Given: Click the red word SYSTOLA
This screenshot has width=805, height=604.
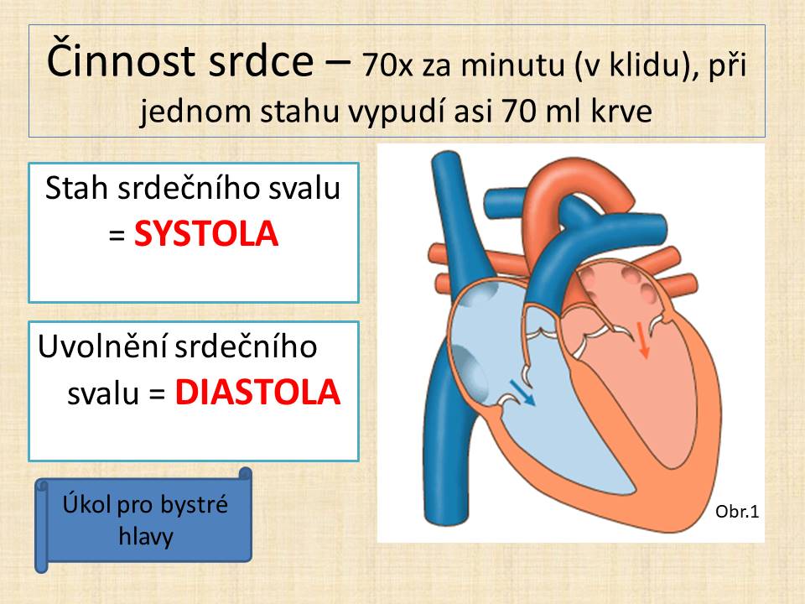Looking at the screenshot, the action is tap(206, 234).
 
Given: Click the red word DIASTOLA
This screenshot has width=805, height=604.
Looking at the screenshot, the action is tap(257, 393).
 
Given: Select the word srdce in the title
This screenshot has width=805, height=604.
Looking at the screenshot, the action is tap(262, 61).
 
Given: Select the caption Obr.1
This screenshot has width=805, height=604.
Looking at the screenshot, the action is tap(737, 512).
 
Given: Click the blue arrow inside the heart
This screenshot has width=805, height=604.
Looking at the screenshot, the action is tap(522, 393).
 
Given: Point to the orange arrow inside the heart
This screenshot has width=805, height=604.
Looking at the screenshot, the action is tap(642, 340).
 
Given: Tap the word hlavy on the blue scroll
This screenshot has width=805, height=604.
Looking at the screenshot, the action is tap(146, 537).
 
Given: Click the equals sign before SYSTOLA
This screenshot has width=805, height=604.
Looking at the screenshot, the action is tap(117, 235).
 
